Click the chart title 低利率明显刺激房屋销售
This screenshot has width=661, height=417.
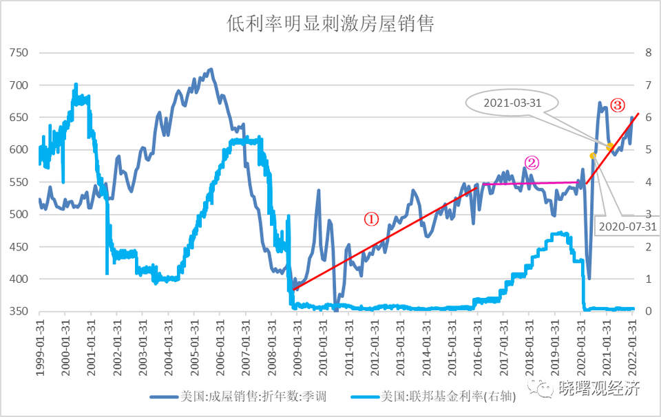click(x=330, y=25)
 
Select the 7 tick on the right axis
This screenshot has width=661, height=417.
click(x=647, y=85)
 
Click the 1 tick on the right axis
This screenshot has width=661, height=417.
click(x=647, y=279)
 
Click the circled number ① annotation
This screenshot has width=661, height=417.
click(x=371, y=219)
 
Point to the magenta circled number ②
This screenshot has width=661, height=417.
click(x=532, y=163)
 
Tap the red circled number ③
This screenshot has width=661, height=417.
click(x=618, y=106)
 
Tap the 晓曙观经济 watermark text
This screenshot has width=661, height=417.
click(x=598, y=388)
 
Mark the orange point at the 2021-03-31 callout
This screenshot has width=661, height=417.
click(x=610, y=147)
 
